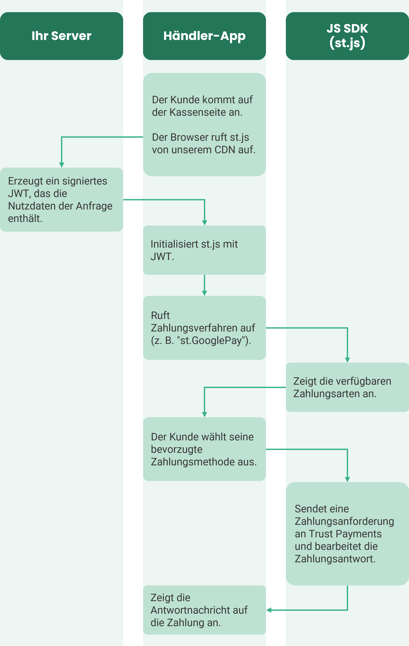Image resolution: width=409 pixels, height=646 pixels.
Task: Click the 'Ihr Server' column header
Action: click(61, 36)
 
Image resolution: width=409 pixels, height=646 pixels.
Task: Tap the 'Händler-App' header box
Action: click(204, 36)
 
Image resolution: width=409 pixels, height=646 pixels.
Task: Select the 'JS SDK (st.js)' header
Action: click(347, 36)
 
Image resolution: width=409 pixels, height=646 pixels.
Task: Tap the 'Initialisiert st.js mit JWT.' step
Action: click(194, 250)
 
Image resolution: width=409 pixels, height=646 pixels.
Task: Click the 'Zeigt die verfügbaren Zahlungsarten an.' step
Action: click(342, 388)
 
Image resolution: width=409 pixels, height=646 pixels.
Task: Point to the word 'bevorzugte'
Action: click(177, 450)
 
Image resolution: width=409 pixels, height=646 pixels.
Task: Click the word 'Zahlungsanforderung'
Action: click(344, 521)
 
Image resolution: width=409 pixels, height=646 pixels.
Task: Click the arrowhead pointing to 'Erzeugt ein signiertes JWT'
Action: click(62, 165)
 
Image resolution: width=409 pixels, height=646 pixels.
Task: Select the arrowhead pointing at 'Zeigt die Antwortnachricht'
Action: click(269, 610)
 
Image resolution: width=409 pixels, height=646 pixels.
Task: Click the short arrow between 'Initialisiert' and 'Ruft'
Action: click(204, 286)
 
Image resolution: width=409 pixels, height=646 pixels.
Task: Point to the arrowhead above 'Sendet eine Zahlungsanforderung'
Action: click(347, 479)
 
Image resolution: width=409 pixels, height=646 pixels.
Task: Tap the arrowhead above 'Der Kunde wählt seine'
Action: click(204, 415)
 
